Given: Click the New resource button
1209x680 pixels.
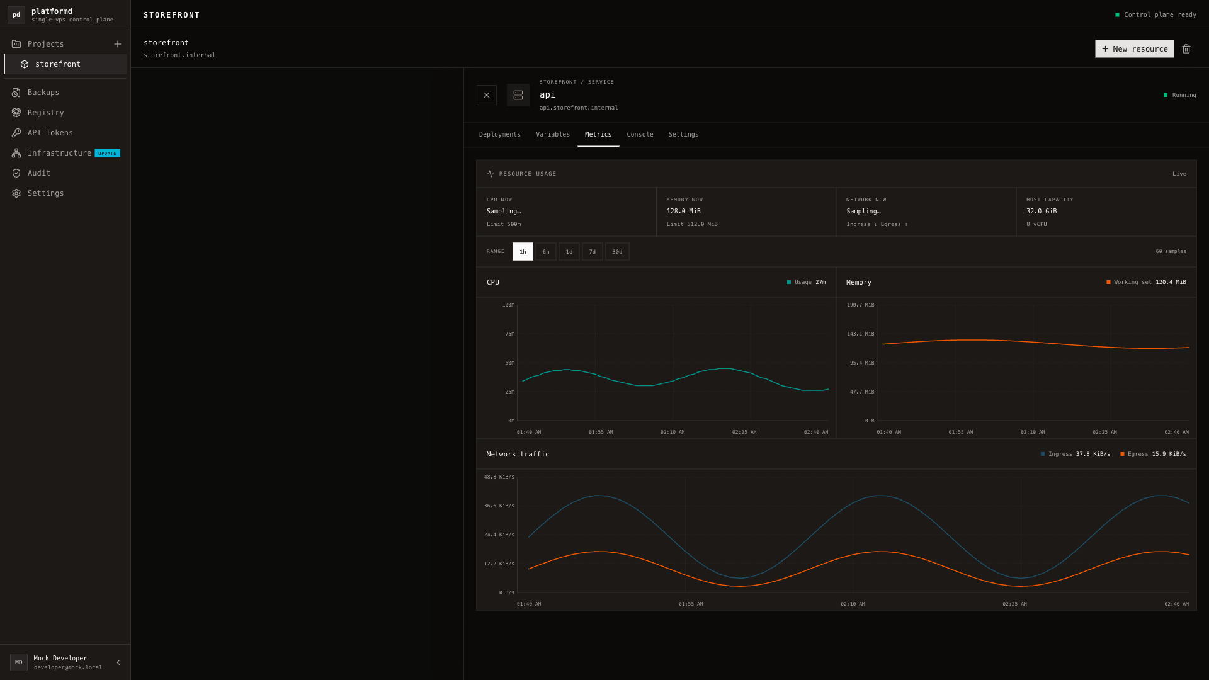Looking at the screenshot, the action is pos(1134,49).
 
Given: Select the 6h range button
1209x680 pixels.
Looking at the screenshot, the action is pos(546,252).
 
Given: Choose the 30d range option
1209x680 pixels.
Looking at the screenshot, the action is pos(617,252).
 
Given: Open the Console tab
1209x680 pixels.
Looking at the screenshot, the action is pos(640,135).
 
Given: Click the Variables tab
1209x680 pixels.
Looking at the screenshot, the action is pos(553,135).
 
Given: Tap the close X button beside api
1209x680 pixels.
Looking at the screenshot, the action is pos(487,95).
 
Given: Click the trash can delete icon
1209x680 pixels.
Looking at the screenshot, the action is pos(1186,49).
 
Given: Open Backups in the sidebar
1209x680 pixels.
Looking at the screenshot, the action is pos(43,93).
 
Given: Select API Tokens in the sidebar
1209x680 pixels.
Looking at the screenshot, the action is pos(50,133).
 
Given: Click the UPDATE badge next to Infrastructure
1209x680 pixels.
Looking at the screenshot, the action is pos(107,153).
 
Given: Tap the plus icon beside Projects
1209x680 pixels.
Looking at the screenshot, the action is pos(118,44).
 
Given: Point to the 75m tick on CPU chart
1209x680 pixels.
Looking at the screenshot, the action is pos(509,334).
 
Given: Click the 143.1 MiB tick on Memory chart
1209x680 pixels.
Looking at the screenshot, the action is pos(860,334).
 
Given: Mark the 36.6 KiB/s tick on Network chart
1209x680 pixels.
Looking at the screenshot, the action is pos(499,506).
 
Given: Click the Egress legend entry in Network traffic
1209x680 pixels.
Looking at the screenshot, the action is pos(1153,454).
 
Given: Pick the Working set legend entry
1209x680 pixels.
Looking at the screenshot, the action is pos(1146,282).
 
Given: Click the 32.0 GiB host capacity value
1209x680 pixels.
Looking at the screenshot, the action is pos(1042,212).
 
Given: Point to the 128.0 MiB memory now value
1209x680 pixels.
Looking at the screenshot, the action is pos(683,212).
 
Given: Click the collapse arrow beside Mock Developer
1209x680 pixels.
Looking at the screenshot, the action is pos(118,662).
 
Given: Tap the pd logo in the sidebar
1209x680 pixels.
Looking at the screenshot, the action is pos(16,15).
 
